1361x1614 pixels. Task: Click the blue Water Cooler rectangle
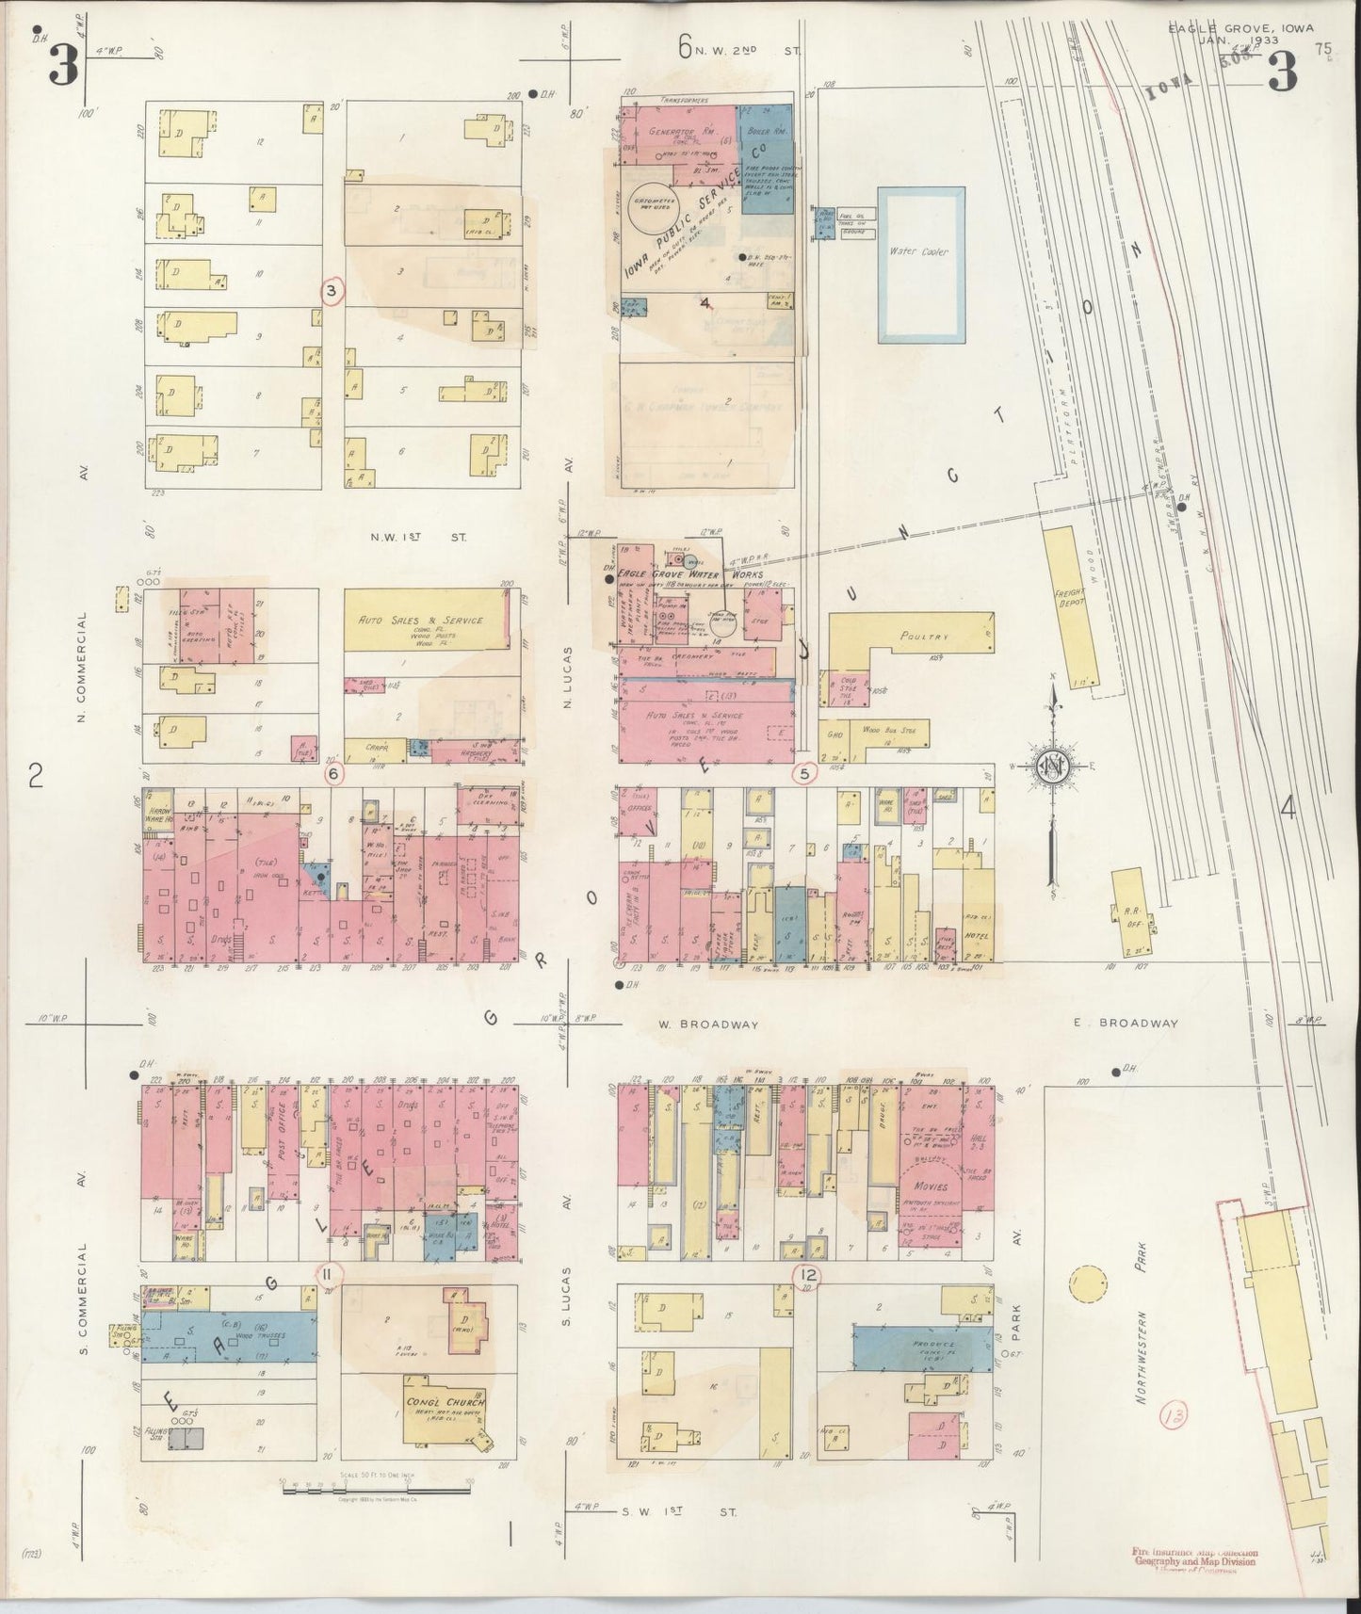pos(921,265)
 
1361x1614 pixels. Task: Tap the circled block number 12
pos(806,1275)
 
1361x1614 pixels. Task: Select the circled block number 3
pos(331,292)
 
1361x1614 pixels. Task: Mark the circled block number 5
pos(803,774)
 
